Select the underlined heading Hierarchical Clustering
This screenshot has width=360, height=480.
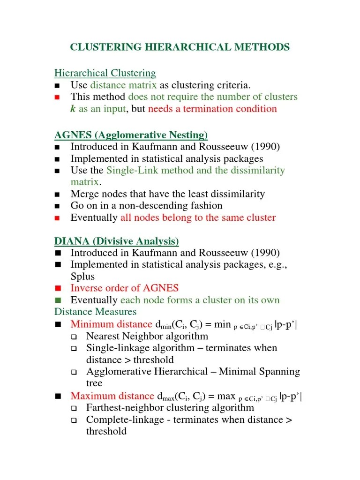coord(105,73)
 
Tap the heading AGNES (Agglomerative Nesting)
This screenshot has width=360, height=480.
coord(131,135)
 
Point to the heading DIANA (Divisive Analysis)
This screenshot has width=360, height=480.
coord(117,241)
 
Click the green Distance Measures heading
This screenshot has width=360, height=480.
coord(95,312)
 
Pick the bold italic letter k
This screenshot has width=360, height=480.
coord(73,109)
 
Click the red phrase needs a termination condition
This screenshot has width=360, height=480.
coord(212,109)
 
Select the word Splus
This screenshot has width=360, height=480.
coord(82,277)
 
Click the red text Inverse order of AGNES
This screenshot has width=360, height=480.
coord(124,288)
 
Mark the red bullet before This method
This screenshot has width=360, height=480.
coord(58,97)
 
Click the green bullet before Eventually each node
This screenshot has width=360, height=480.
coord(58,300)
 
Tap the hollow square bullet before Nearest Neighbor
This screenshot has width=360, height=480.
coord(74,337)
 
